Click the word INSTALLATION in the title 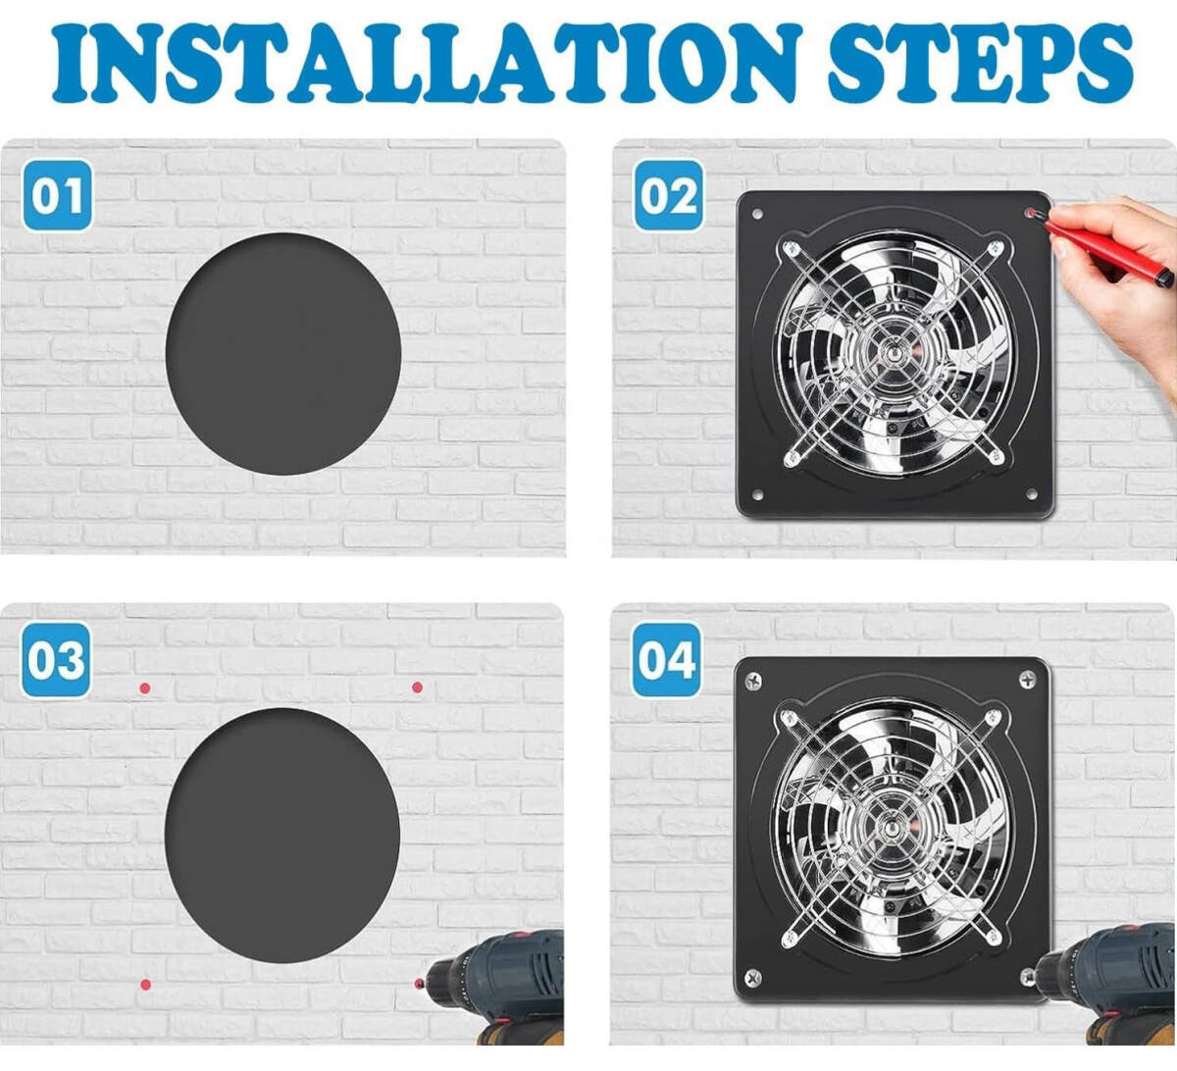(x=427, y=63)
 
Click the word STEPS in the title (x=981, y=63)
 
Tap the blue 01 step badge (x=58, y=195)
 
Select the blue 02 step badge (x=669, y=195)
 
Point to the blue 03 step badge (x=56, y=660)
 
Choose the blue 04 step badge (x=667, y=660)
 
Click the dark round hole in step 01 (x=283, y=354)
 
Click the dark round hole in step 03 (x=282, y=835)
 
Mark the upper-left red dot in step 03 (x=145, y=688)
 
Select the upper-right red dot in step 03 (x=417, y=688)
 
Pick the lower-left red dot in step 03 (x=145, y=984)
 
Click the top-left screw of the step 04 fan (x=753, y=682)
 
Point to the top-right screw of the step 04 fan (x=1028, y=680)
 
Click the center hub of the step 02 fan (x=892, y=353)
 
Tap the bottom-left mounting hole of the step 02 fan (x=757, y=495)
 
